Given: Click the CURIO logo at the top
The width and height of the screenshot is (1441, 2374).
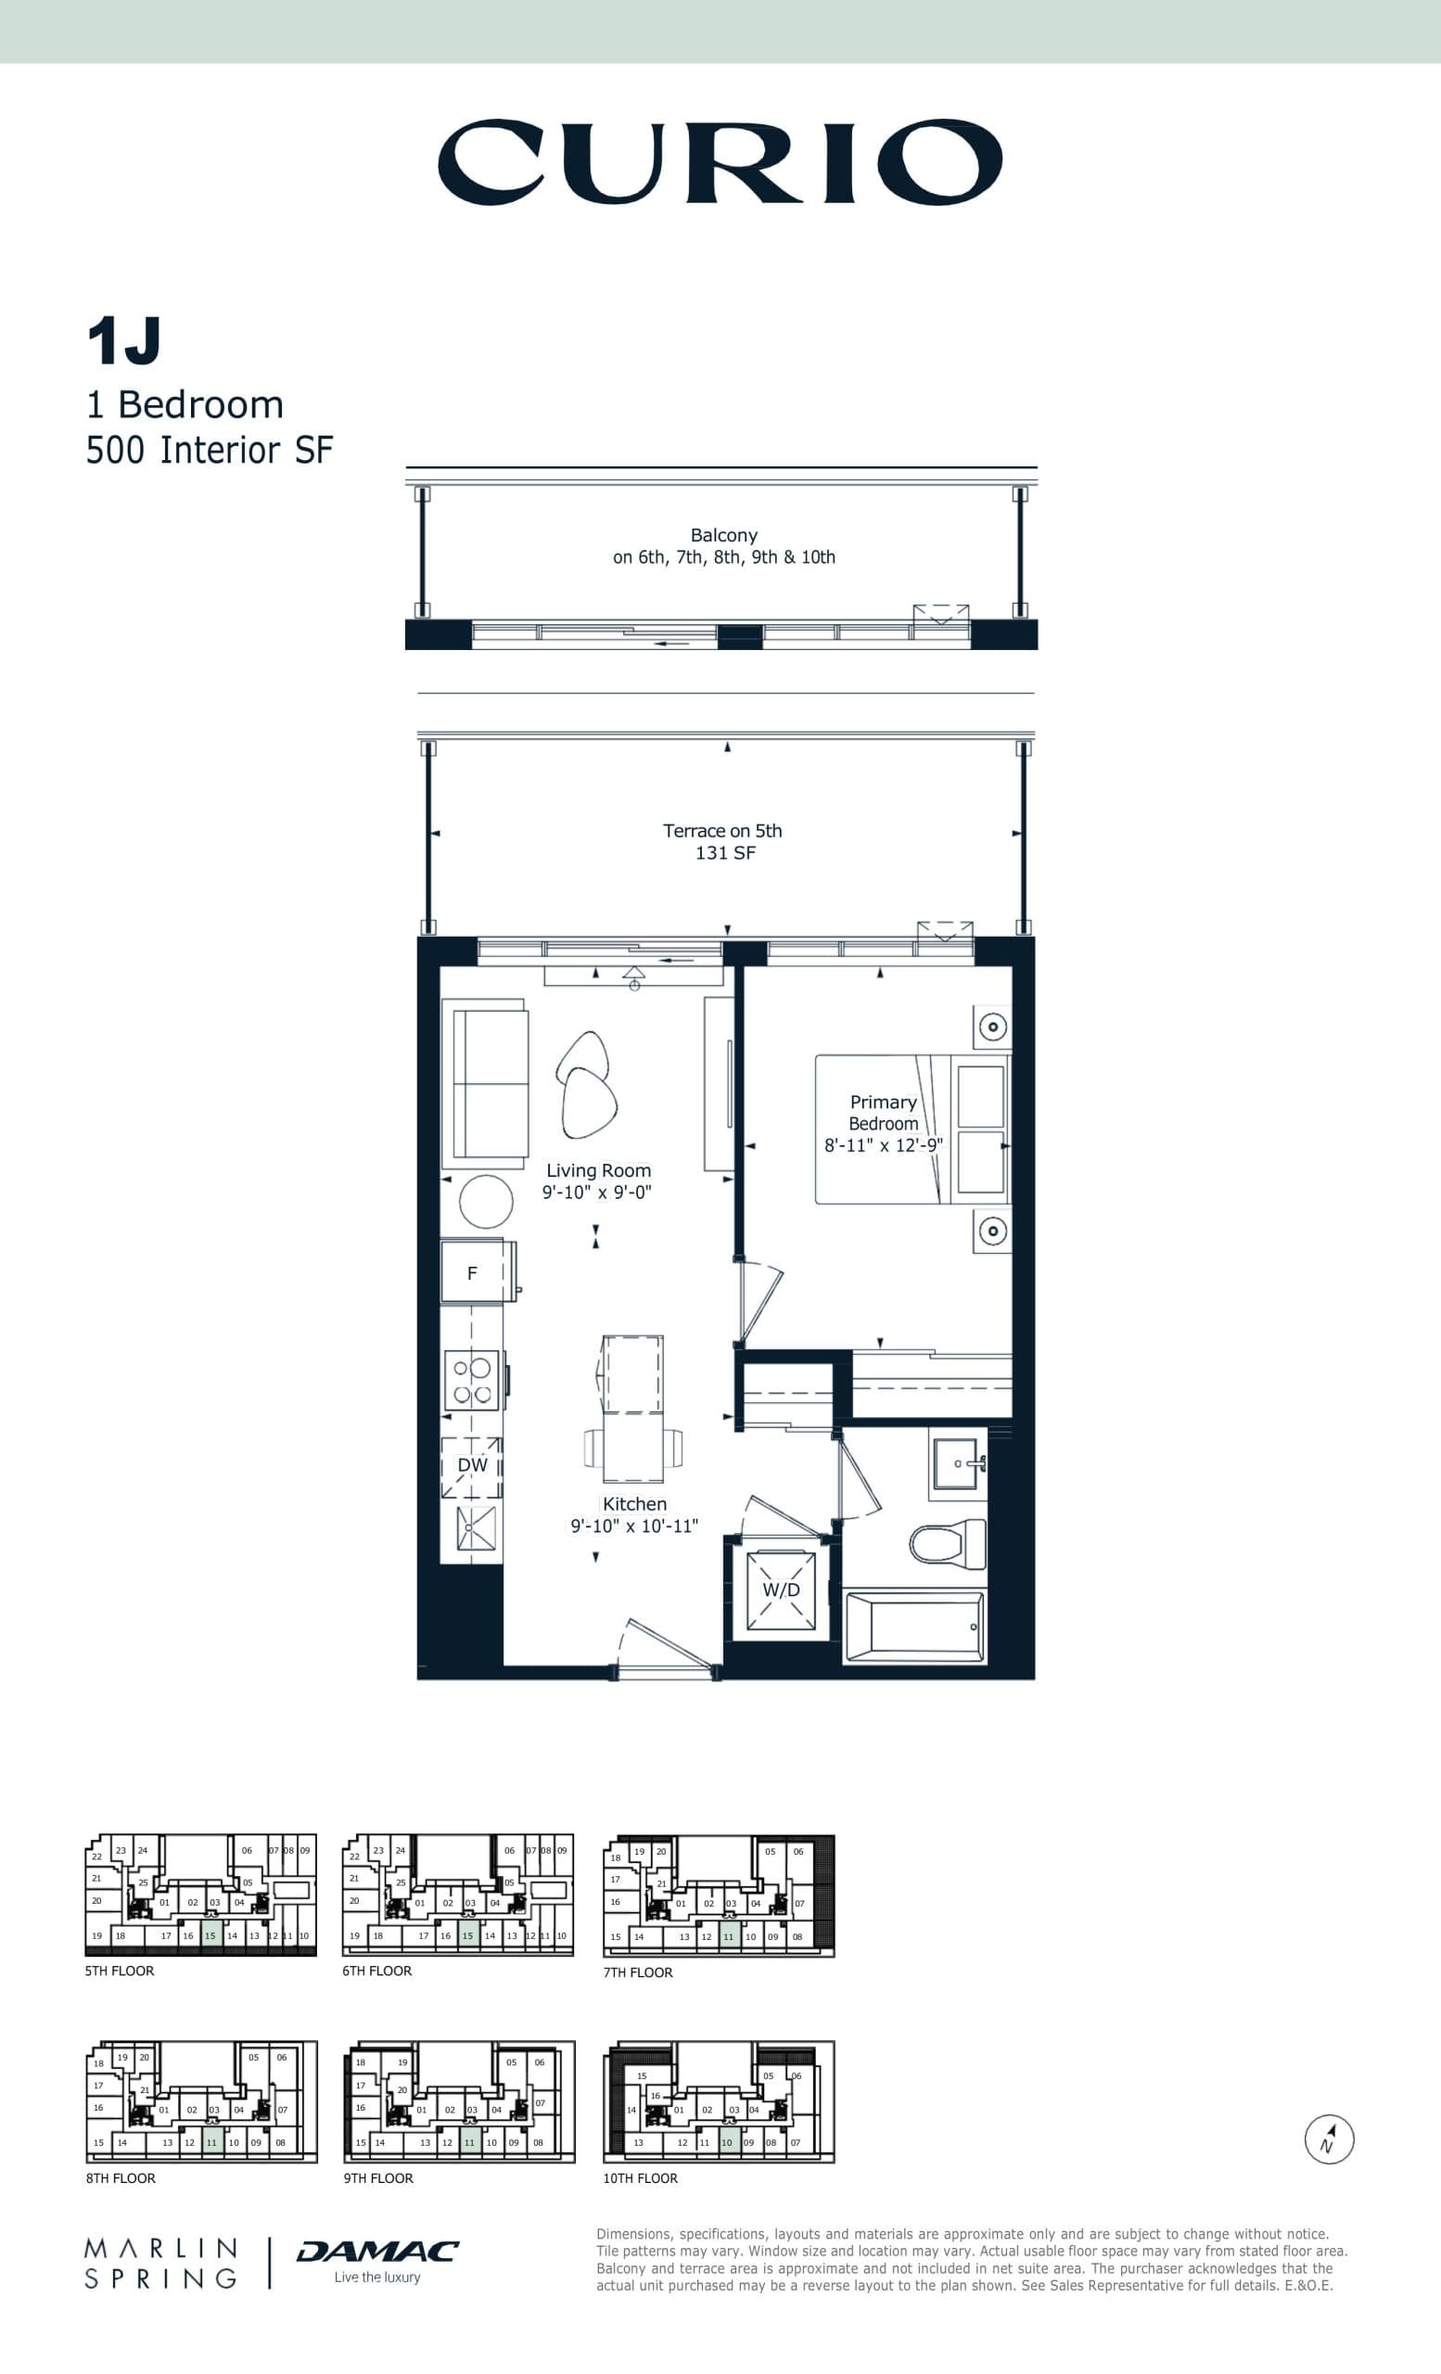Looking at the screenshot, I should pos(720,162).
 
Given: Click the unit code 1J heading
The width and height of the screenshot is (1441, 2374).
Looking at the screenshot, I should pos(123,341).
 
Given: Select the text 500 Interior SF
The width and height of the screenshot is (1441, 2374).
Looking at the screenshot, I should pos(209,450).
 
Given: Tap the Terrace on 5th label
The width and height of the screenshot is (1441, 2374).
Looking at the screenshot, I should pos(722,831).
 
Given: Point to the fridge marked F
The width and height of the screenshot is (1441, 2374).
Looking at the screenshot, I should pos(472,1272).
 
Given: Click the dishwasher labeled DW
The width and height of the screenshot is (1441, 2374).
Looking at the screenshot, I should pos(472,1465).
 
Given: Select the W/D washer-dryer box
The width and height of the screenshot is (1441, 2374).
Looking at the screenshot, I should pos(781,1589).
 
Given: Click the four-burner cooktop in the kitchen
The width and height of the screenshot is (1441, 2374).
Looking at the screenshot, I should pos(472,1381).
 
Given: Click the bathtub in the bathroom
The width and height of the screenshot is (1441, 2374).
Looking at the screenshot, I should pos(914,1627).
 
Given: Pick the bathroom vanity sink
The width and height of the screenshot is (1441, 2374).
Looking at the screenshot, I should pos(955,1463).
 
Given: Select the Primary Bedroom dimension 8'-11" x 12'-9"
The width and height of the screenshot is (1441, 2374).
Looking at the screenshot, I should pos(883,1145).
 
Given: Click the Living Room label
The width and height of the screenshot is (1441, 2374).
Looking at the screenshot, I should pos(598,1170).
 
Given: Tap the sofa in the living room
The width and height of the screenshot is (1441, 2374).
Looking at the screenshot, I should pos(487,1083).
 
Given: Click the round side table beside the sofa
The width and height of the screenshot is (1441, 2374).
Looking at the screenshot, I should pos(486,1202).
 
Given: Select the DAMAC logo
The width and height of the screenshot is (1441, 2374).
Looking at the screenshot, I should pos(376,2252).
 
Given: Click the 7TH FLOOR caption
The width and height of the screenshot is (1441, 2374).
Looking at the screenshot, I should pos(638,1972).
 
